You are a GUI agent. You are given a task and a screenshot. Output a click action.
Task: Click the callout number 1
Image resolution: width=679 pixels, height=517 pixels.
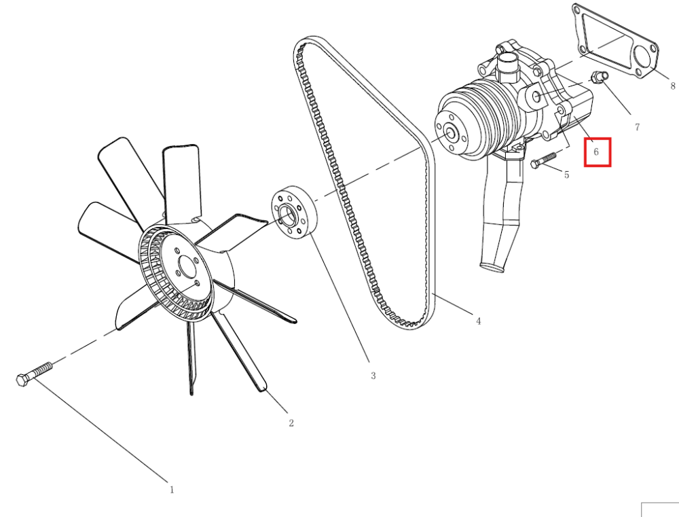172,490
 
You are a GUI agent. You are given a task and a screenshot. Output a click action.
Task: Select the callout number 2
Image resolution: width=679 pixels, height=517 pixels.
291,423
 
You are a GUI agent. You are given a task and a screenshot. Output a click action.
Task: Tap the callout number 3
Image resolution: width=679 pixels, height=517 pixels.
373,376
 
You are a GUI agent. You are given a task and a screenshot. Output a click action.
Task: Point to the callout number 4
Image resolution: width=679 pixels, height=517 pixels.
479,321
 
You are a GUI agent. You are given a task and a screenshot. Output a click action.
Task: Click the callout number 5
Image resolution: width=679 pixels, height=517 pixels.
567,175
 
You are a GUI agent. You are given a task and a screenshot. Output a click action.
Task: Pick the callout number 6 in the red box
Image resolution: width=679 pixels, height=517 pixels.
596,151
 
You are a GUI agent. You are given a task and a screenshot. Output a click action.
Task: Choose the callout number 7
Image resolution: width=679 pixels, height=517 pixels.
638,127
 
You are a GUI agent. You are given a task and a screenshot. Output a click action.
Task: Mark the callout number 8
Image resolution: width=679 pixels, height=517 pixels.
672,86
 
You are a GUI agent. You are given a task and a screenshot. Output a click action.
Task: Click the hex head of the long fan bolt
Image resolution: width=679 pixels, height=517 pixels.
22,380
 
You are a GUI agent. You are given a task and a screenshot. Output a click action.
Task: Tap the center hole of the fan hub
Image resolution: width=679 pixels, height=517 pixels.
187,268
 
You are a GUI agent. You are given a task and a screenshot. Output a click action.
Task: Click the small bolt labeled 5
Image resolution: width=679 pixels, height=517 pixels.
543,160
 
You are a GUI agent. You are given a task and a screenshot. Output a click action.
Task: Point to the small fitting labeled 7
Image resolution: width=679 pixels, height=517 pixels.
600,78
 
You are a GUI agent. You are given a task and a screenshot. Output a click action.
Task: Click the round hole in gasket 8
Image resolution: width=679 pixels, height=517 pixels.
643,58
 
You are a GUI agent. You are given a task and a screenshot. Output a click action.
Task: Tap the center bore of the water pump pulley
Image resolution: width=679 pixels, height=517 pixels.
451,133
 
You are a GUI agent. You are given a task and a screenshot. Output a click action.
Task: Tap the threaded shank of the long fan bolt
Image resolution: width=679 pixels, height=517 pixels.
41,370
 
